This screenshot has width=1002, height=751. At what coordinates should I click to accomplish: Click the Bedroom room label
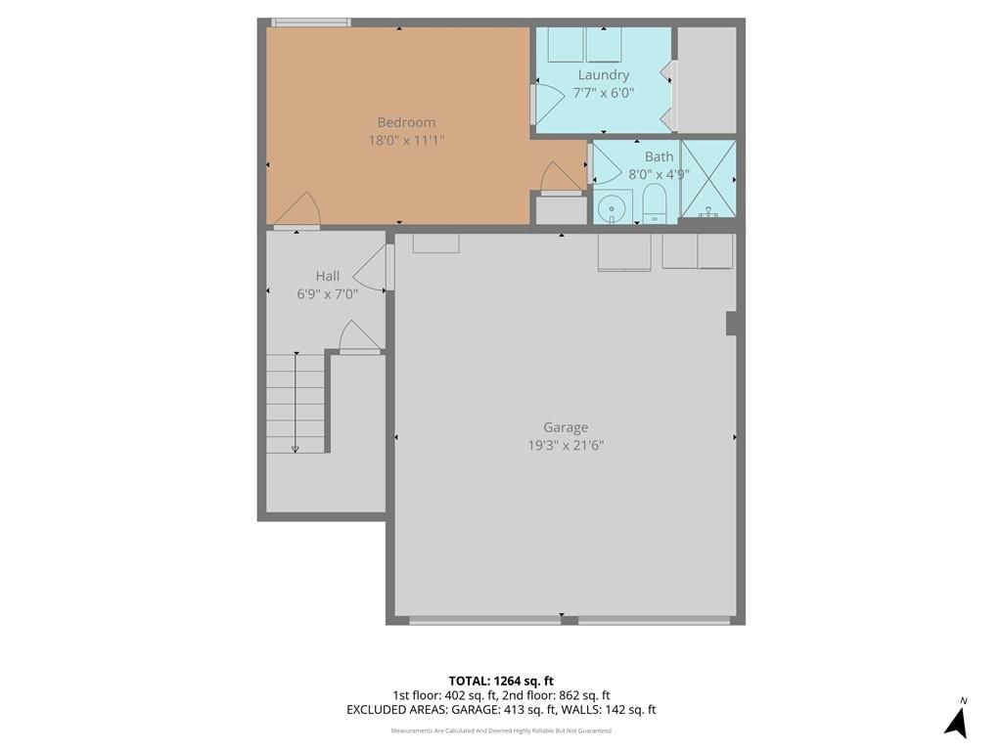pos(406,122)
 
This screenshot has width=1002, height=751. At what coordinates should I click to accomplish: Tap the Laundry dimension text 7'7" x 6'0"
pos(603,93)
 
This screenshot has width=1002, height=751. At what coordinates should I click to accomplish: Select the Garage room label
pos(566,427)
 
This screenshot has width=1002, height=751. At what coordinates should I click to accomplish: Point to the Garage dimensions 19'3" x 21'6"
pos(566,445)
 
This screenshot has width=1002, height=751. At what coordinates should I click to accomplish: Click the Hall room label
pos(327,276)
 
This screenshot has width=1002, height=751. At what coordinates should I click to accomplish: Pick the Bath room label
pos(659,156)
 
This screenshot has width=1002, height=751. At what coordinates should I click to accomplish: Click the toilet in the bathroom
pos(655,203)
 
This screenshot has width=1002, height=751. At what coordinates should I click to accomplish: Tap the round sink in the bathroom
pos(613,207)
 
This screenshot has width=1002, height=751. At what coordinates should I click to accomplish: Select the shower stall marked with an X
pos(708,178)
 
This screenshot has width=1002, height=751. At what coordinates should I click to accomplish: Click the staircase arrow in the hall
pos(296,402)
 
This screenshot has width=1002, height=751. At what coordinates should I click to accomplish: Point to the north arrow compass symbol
pos(957,721)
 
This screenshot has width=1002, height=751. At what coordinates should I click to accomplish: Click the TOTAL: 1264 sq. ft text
pos(501,681)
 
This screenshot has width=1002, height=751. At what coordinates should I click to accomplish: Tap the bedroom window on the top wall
pos(311,22)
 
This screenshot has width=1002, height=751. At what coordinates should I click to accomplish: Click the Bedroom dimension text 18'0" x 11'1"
pos(406,140)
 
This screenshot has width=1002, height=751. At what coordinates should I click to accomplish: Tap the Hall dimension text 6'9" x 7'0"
pos(327,293)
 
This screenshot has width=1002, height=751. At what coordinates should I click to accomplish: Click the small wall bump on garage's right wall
pos(732,323)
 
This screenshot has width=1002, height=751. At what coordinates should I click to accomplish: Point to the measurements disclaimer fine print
pos(501,730)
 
